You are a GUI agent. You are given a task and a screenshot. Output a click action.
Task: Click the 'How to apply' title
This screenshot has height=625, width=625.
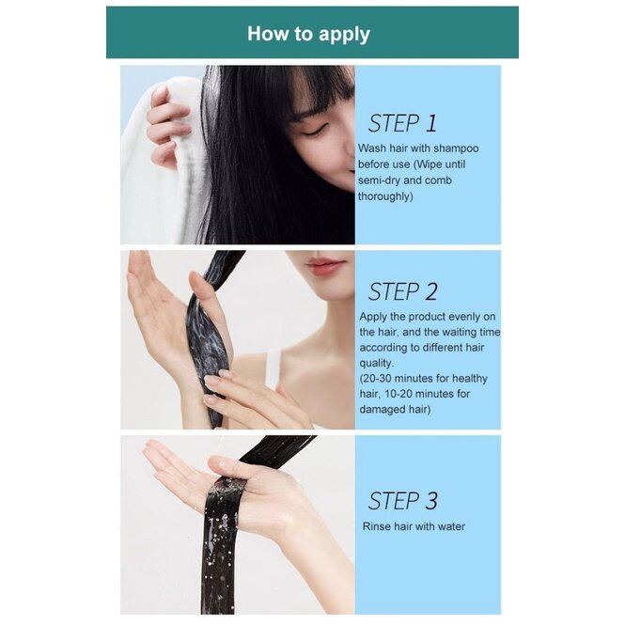click(308, 34)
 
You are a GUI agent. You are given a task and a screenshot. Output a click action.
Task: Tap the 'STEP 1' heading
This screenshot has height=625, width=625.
click(402, 123)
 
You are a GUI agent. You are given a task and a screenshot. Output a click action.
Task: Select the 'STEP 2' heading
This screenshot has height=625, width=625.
click(402, 291)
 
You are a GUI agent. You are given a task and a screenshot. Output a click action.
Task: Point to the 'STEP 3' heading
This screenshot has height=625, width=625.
click(402, 501)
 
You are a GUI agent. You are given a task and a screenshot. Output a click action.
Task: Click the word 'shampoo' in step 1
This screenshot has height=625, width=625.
click(456, 148)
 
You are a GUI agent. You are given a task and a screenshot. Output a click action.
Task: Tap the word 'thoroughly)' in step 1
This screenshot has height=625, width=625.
click(385, 196)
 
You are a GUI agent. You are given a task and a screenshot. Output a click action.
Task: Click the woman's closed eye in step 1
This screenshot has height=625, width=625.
click(315, 133)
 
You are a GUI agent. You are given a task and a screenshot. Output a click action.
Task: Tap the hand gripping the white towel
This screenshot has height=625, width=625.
click(166, 123)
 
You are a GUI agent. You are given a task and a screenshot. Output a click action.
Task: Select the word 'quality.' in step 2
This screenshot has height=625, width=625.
click(377, 364)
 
